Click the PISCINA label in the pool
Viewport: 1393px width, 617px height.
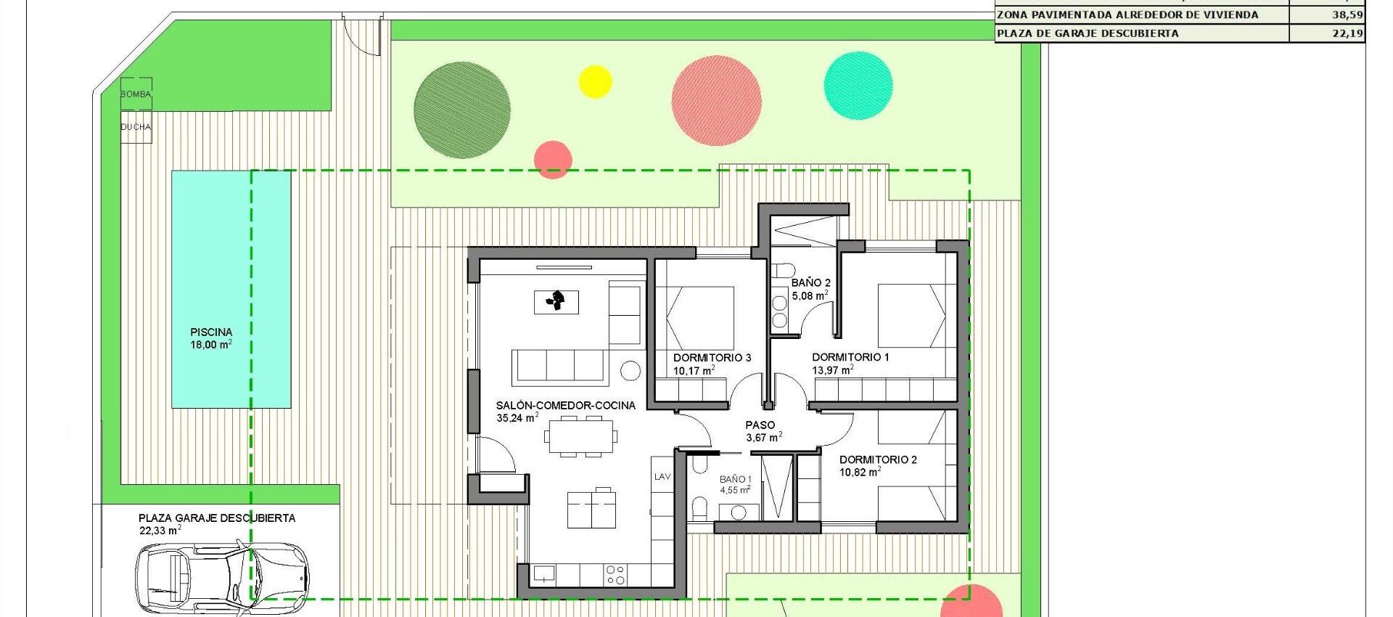211,332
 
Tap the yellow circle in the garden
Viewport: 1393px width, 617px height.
595,81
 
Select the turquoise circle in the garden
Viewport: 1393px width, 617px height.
858,86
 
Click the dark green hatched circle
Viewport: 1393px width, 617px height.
461,110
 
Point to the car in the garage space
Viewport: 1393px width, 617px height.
222,577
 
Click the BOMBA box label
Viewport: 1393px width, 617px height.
136,94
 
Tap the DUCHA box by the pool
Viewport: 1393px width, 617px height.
136,127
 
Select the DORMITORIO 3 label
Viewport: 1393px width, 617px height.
712,358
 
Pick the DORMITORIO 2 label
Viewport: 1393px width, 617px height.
878,459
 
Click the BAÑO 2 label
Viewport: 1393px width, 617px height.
810,283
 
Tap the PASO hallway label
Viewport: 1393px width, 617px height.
760,425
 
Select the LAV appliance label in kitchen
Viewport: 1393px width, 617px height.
662,477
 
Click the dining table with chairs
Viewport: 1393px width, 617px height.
581,436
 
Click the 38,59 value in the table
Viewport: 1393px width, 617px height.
1347,15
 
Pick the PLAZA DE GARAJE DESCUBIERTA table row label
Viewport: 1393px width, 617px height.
1088,33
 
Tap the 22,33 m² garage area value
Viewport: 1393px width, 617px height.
160,531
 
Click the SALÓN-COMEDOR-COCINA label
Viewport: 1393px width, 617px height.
565,406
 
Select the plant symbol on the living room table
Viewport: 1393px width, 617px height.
556,301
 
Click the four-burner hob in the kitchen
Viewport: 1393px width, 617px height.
615,575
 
